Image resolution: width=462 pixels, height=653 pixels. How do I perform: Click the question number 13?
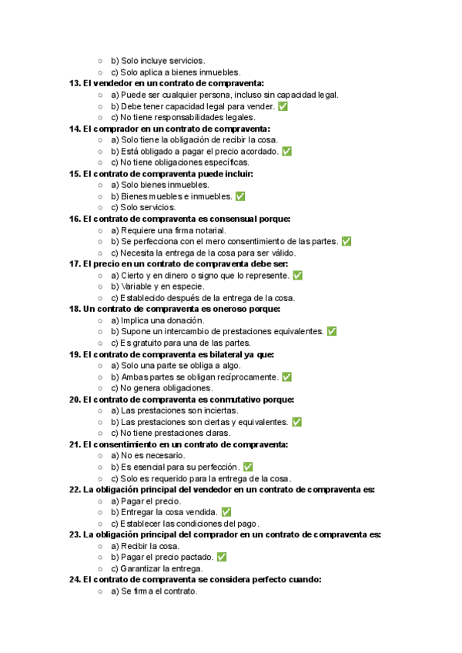tap(75, 83)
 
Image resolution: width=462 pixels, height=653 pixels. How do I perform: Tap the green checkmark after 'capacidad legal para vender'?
tap(283, 106)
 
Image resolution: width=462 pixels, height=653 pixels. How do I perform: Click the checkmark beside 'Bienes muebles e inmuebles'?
tap(239, 196)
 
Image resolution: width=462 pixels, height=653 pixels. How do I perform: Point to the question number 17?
tap(75, 263)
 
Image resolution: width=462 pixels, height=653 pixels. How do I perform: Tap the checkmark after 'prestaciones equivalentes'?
tap(331, 331)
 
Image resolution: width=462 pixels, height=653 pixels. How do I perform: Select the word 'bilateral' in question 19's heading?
tap(215, 354)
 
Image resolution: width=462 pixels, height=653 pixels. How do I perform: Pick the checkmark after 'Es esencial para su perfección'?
tap(247, 467)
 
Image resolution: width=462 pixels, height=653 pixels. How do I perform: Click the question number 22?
tap(75, 489)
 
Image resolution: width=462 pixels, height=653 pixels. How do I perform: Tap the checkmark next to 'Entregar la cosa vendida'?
tap(226, 512)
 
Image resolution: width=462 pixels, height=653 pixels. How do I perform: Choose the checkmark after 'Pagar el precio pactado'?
tap(221, 557)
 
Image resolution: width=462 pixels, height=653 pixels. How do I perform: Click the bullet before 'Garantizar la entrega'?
tap(100, 568)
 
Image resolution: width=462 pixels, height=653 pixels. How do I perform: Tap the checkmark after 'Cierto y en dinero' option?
tap(297, 275)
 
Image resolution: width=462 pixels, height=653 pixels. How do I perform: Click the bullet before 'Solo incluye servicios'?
tap(100, 61)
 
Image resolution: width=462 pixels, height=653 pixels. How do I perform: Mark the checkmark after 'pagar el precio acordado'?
tap(286, 152)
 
